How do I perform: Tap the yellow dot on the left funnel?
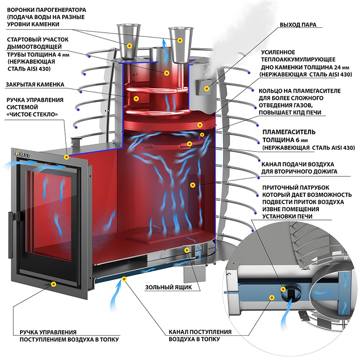click(129, 45)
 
